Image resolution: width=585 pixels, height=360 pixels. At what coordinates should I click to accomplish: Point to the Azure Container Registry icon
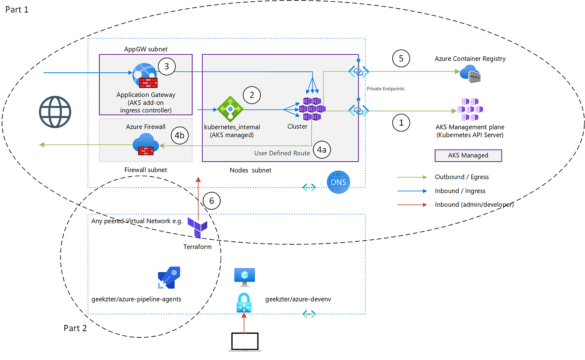point(470,74)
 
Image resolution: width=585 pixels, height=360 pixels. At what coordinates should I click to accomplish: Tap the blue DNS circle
point(338,183)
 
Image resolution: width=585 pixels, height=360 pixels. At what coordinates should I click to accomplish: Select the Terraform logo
point(197,227)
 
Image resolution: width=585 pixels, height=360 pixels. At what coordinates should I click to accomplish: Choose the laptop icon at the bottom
point(245,342)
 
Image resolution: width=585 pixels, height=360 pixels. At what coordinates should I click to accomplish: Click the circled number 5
point(401,58)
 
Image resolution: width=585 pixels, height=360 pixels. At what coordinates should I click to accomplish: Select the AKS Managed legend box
point(468,155)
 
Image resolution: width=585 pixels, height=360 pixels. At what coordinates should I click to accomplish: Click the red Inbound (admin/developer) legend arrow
point(412,205)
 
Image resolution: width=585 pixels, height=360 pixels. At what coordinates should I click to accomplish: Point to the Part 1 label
point(17,9)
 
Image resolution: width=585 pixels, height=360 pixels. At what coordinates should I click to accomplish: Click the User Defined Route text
point(282,153)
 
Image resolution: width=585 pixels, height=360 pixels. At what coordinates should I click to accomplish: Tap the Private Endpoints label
point(385,89)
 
